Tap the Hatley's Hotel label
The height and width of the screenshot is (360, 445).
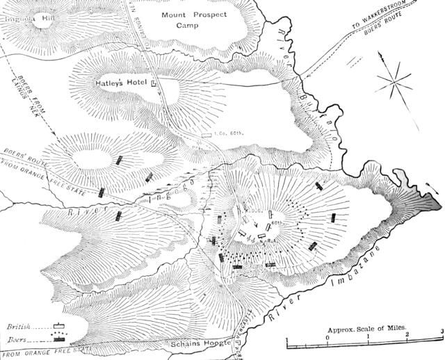[x=122, y=83]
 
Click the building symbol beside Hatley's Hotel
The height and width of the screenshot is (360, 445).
[x=154, y=83]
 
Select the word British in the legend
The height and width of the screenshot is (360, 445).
[x=19, y=325]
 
